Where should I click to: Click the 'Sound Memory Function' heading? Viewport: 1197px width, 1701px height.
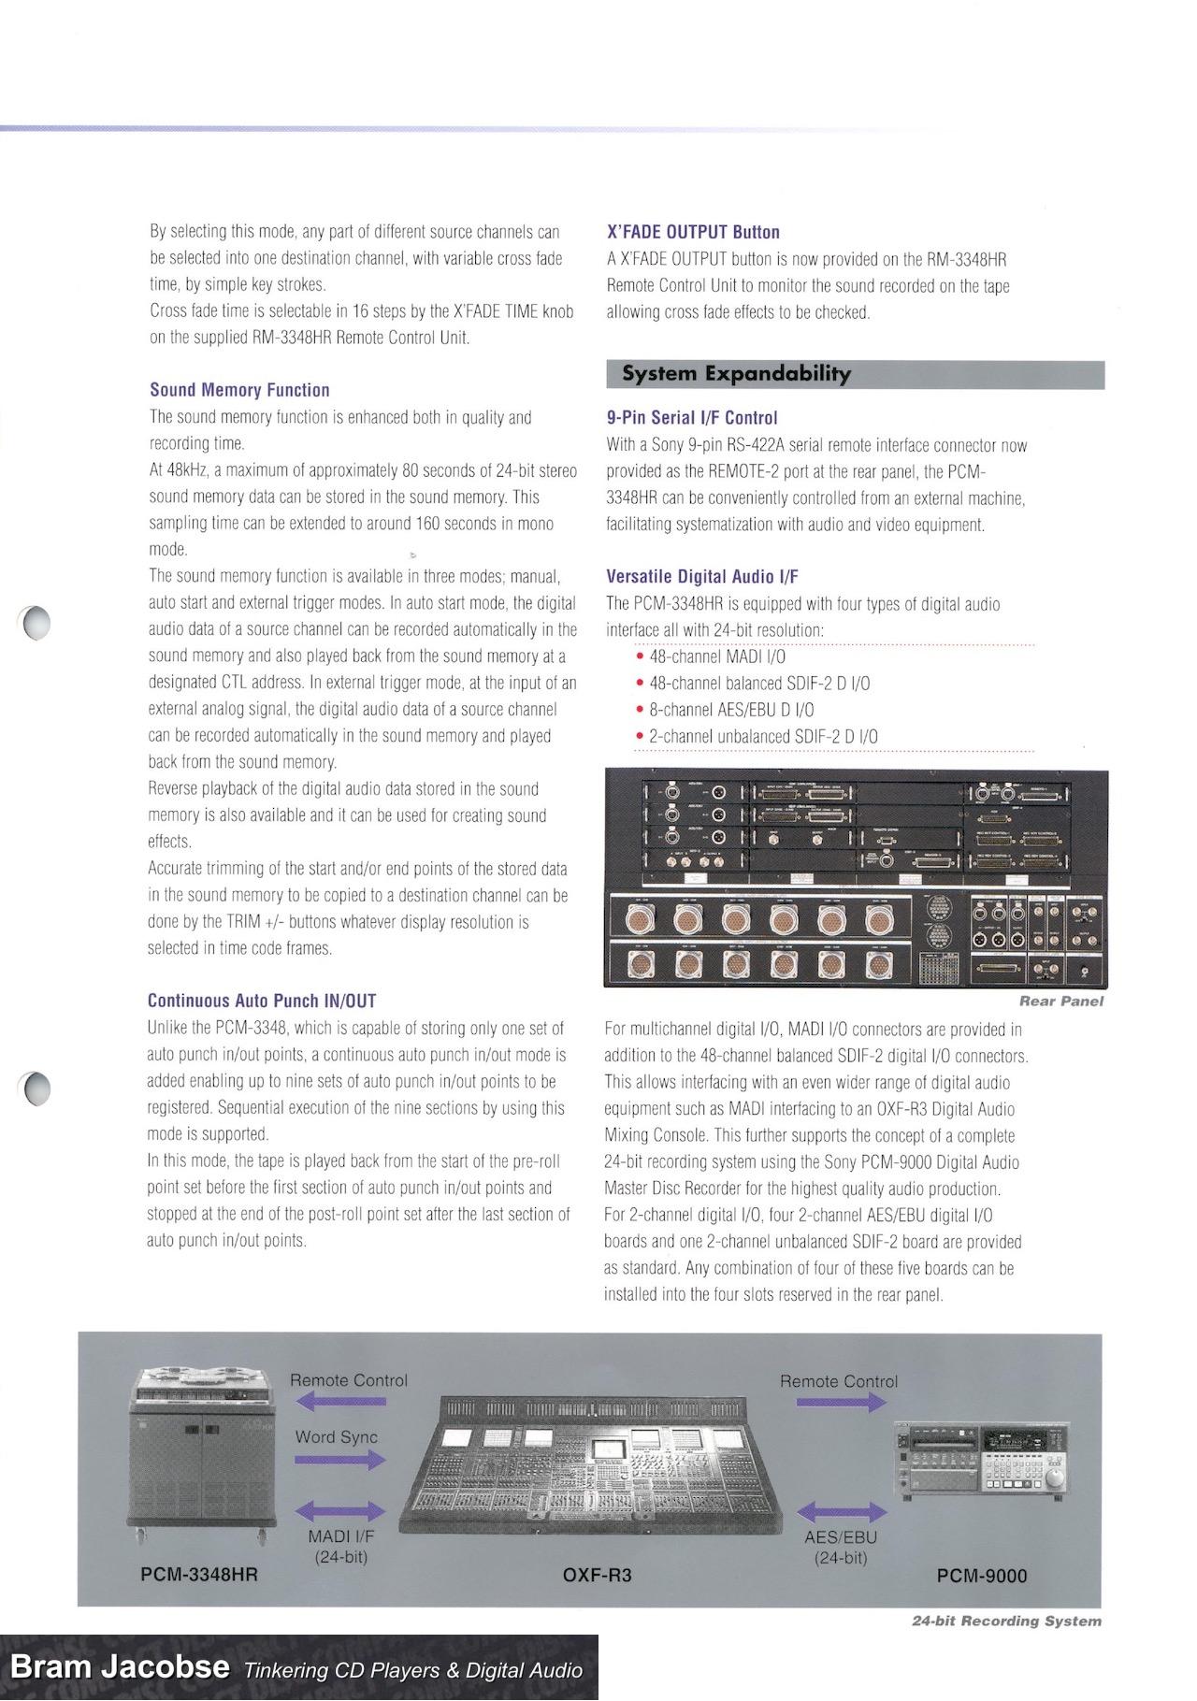239,390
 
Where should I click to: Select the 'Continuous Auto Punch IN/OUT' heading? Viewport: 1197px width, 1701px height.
262,1001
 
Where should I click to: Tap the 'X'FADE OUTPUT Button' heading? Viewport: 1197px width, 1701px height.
693,232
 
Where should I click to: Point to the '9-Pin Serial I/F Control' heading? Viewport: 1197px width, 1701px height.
692,418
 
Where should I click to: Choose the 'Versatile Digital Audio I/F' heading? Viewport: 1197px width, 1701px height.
702,577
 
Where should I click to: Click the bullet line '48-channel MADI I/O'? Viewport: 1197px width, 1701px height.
717,656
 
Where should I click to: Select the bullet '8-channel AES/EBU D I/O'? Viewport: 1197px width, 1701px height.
731,710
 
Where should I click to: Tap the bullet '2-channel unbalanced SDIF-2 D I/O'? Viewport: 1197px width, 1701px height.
763,737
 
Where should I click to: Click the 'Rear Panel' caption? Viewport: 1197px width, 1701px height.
1061,1002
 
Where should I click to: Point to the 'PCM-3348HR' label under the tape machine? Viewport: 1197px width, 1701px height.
198,1575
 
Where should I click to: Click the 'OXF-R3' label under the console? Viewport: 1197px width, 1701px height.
597,1576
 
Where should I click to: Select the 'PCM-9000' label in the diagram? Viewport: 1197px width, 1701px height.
982,1576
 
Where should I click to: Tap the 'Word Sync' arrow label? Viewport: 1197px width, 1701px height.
337,1437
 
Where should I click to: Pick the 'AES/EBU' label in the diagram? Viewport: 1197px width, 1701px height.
841,1536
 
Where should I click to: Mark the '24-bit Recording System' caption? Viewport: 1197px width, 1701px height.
1006,1621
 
